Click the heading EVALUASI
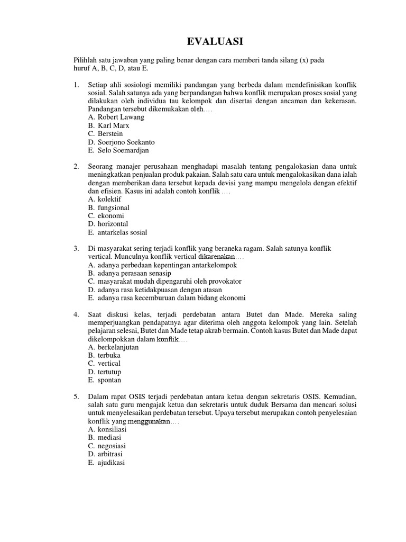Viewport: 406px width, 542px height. pos(215,42)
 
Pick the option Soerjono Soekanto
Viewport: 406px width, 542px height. pos(122,142)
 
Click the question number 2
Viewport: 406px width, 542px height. pos(76,166)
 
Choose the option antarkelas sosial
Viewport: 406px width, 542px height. pos(118,232)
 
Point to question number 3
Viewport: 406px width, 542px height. pos(76,248)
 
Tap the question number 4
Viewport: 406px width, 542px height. pos(76,314)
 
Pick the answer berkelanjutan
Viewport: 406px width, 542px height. pos(114,347)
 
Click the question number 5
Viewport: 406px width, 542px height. pos(76,396)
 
